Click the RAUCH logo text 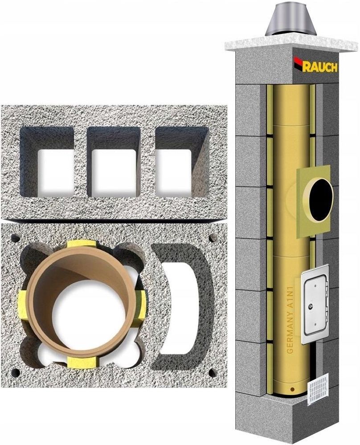coord(320,67)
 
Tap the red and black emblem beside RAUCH coord(298,63)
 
